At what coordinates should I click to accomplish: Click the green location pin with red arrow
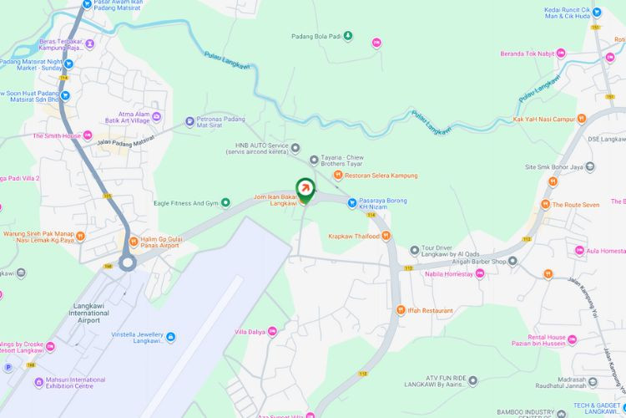coord(306,189)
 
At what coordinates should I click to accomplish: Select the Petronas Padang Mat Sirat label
coord(220,123)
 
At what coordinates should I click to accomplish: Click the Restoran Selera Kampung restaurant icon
coord(338,175)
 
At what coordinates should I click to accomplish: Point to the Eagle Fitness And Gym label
coord(185,202)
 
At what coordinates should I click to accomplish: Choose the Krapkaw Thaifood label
coord(354,236)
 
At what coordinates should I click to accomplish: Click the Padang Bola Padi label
coord(316,36)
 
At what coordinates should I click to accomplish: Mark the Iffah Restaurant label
coord(431,310)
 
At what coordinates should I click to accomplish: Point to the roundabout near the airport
coord(127,263)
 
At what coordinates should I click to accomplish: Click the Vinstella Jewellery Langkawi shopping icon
coord(171,337)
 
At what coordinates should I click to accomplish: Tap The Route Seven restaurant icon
coord(545,204)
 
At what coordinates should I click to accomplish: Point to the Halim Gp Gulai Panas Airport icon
coord(133,242)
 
